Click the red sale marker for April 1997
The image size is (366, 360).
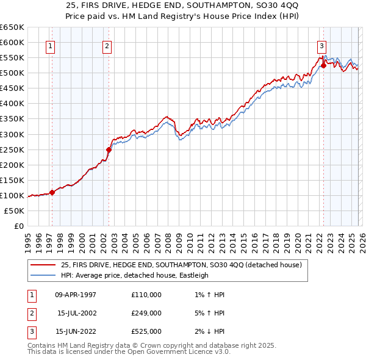(x=52, y=192)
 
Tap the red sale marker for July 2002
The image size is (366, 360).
(x=109, y=149)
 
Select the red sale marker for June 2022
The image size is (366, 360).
(x=323, y=65)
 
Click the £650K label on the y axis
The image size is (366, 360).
(x=12, y=27)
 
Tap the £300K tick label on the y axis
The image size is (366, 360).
(x=12, y=134)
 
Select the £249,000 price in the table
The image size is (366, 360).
(x=146, y=313)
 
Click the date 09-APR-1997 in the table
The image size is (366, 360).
(x=76, y=295)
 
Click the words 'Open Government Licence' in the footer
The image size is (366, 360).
(x=177, y=353)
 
